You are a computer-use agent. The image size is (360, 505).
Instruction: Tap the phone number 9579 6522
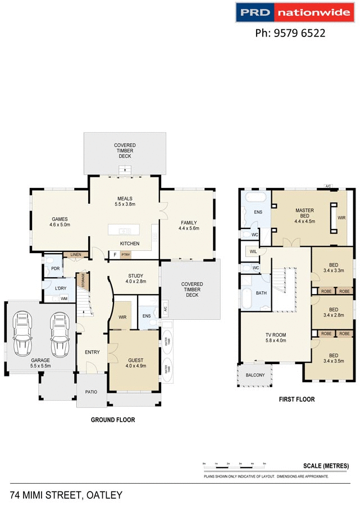[290, 33]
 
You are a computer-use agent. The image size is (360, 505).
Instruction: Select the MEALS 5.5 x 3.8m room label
[125, 201]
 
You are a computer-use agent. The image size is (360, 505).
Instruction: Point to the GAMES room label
[60, 222]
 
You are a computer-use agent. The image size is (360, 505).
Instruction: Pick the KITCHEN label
[130, 244]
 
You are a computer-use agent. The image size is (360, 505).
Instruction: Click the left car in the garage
[22, 334]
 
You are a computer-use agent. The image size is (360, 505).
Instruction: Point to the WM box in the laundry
[65, 298]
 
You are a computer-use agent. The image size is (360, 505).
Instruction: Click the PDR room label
[56, 268]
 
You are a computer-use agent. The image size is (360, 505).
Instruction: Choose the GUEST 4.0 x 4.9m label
[135, 363]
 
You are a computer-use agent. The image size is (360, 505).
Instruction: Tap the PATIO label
[91, 392]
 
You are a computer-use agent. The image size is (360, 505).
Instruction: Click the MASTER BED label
[305, 215]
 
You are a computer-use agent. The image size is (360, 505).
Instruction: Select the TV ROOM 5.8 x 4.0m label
[276, 337]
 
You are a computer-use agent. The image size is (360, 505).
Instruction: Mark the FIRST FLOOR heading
[297, 400]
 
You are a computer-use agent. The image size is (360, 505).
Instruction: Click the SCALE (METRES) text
[326, 466]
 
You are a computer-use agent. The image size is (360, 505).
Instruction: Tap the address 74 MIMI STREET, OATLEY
[66, 495]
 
